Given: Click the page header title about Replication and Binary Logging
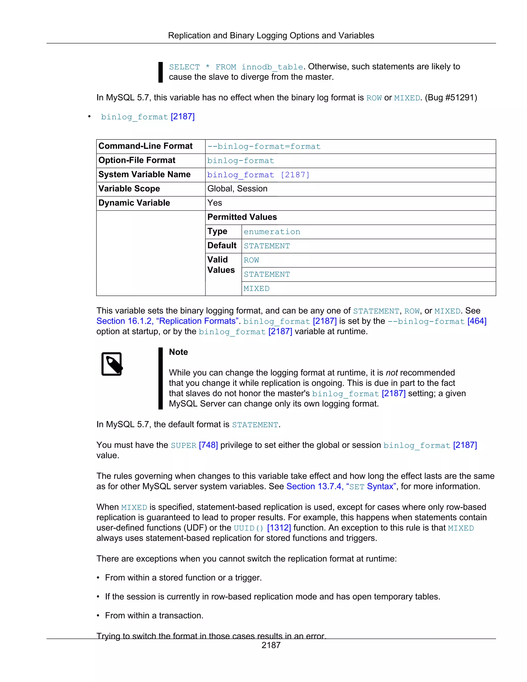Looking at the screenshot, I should point(271,36).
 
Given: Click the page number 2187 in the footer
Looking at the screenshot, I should point(271,645).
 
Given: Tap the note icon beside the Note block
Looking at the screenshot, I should point(112,364).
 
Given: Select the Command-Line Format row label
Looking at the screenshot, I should point(145,146).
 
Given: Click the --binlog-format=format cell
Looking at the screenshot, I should point(264,146).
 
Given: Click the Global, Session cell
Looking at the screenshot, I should point(237,189).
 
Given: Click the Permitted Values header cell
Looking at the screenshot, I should point(242,217).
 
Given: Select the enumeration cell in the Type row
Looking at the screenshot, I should point(272,232).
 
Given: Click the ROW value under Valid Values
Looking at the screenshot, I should point(251,260).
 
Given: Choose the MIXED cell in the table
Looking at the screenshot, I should point(256,288).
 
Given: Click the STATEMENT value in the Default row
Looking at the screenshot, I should point(267,246).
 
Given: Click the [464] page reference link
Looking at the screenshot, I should point(477,321).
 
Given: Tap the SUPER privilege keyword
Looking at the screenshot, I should point(183,445).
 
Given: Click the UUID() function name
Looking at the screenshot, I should point(249,528).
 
